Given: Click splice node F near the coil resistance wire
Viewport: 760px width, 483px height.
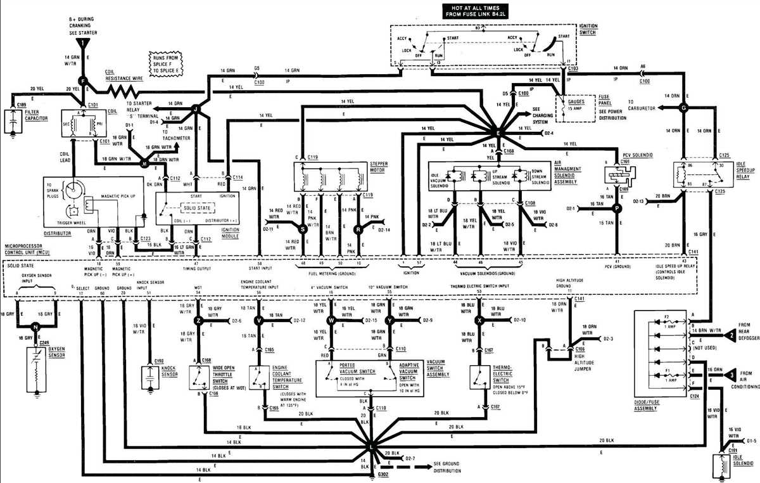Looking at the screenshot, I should (x=82, y=80).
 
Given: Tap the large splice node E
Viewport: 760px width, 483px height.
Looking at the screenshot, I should (x=497, y=133).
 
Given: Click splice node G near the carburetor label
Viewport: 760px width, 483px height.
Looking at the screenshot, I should (x=683, y=108).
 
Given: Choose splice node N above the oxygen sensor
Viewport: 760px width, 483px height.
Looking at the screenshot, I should (x=35, y=326).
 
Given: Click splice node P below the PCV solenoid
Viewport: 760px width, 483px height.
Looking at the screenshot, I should (x=618, y=207).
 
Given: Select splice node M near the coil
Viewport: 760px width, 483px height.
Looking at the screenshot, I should (x=144, y=163).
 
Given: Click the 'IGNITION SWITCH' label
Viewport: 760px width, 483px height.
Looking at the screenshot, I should (x=588, y=30).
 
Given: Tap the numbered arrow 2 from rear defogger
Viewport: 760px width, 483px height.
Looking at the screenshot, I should (x=731, y=334).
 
